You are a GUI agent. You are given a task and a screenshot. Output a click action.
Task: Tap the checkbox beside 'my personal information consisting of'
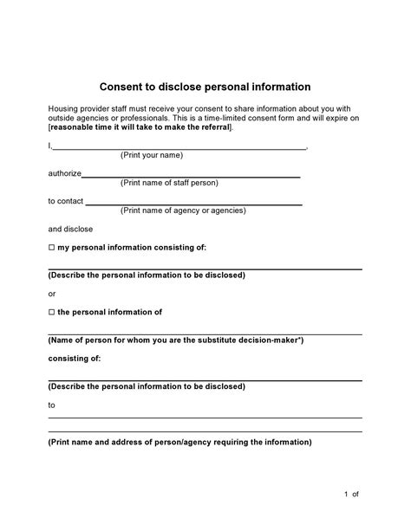51,247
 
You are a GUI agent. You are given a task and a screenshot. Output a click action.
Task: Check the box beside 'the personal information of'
51,311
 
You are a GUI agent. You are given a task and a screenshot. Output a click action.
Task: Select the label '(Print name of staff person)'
169,183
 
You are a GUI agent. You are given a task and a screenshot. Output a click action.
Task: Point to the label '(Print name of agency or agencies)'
183,210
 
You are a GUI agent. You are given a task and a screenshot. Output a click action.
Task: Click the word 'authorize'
64,173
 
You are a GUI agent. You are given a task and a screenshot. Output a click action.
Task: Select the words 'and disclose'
70,229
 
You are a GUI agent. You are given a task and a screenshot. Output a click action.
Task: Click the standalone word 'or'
52,293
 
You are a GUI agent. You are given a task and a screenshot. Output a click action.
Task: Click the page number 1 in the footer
345,494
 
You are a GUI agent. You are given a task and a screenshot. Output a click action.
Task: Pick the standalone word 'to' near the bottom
52,405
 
